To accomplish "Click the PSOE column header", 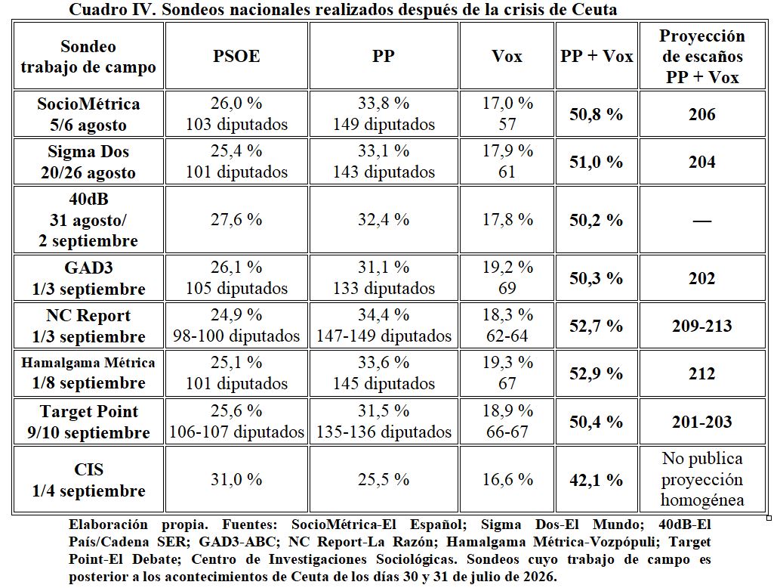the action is tap(236, 56).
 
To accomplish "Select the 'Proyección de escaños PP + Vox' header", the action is tap(702, 56).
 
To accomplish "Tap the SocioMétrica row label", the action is tap(88, 114).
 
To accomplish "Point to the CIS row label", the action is tap(88, 480).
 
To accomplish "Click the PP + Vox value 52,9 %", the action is tap(596, 373).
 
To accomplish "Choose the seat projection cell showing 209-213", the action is tap(702, 326).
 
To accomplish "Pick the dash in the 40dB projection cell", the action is tap(702, 220).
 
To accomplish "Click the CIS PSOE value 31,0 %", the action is tap(236, 479).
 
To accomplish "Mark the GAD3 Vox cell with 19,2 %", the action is tap(507, 277).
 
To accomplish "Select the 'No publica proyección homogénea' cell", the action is tap(702, 479).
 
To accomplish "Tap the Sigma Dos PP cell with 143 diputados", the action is tap(384, 161).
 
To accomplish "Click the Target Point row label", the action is tap(88, 422).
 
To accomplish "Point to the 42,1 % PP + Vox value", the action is tap(596, 480).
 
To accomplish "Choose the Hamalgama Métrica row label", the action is tap(88, 373).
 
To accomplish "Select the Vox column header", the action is tap(507, 56).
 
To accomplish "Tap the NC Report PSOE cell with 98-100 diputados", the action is tap(236, 325).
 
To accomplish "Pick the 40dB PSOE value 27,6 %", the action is tap(236, 220).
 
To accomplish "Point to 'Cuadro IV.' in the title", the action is tap(113, 9).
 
